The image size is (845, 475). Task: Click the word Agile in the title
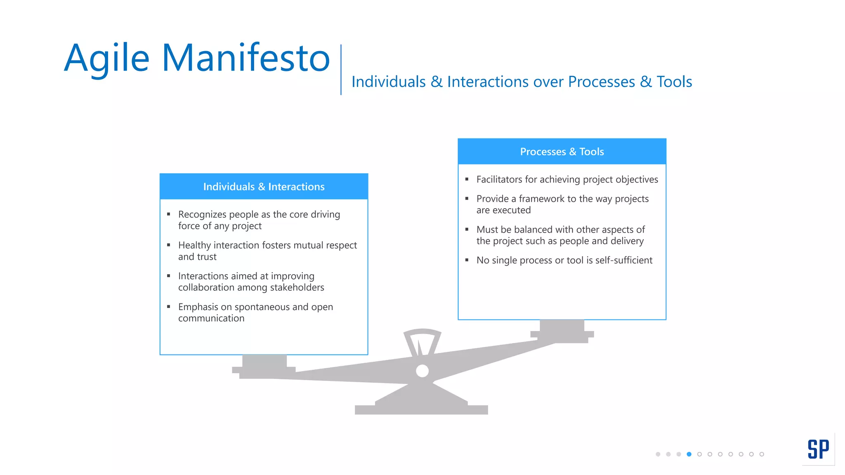pyautogui.click(x=106, y=59)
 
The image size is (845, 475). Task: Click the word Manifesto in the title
pyautogui.click(x=246, y=58)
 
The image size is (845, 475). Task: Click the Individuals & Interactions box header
pyautogui.click(x=264, y=187)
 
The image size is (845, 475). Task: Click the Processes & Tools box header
pyautogui.click(x=562, y=152)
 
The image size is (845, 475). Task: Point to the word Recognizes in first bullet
pyautogui.click(x=202, y=214)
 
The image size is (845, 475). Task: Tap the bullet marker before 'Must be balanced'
pyautogui.click(x=467, y=229)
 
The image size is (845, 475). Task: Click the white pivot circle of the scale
pyautogui.click(x=422, y=371)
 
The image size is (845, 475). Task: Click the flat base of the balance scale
pyautogui.click(x=421, y=409)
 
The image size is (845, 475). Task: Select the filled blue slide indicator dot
pyautogui.click(x=689, y=454)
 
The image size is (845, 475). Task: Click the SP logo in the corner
pyautogui.click(x=818, y=449)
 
